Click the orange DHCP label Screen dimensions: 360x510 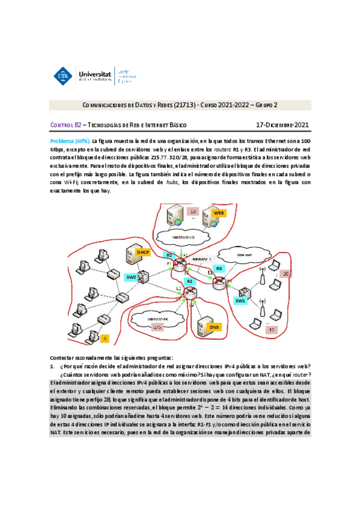[142, 253]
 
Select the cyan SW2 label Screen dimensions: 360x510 [132, 277]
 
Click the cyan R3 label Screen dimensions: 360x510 [219, 268]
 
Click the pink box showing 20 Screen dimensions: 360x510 [287, 274]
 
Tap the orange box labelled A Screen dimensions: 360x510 [105, 339]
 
